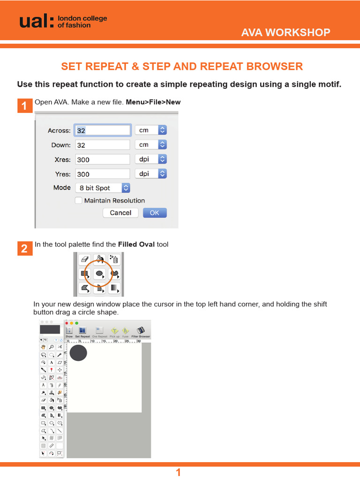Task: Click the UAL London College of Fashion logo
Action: tap(63, 21)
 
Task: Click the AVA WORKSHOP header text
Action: tap(285, 32)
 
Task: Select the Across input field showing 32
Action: tap(102, 130)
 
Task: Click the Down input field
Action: tap(102, 145)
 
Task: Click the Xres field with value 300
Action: tap(102, 159)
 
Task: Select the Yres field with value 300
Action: tap(102, 174)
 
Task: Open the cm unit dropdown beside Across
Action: tap(150, 130)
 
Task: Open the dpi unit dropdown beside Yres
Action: tap(150, 173)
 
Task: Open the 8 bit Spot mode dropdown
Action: tap(102, 188)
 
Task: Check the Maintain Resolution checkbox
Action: tap(79, 201)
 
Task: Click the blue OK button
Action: tap(154, 213)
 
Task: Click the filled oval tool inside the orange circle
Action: tap(99, 273)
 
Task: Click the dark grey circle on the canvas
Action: tap(78, 353)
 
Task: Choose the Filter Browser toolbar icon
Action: tap(141, 332)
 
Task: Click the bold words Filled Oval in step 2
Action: tap(136, 244)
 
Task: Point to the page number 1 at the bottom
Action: tap(178, 472)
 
